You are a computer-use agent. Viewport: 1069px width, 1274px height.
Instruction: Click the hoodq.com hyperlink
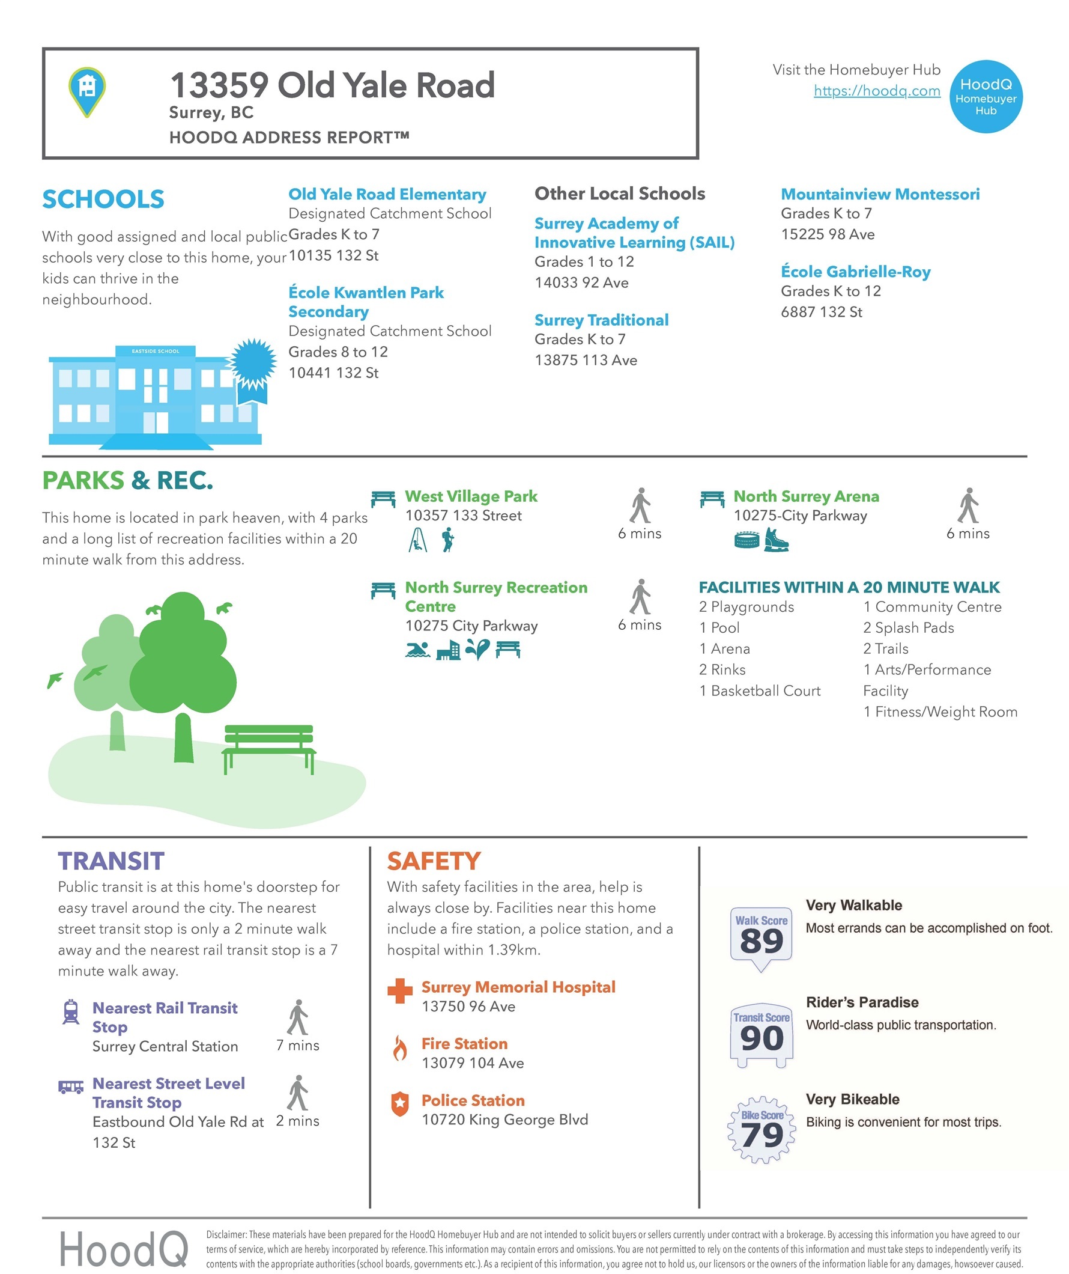click(x=876, y=90)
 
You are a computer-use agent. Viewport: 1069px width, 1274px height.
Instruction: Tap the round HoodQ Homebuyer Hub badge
click(x=986, y=97)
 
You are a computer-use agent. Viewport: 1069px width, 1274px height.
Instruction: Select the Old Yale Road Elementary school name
click(x=387, y=194)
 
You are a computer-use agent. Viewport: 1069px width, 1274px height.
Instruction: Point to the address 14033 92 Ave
click(x=581, y=282)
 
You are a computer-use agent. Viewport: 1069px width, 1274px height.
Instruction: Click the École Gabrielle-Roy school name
click(x=855, y=272)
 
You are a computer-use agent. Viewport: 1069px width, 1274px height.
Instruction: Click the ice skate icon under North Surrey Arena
click(x=776, y=539)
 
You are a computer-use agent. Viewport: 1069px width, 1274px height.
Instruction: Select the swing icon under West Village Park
click(x=417, y=539)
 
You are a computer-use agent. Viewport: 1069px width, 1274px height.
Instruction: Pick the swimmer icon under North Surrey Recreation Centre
click(x=417, y=650)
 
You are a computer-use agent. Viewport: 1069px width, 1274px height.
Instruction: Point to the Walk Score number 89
click(x=761, y=942)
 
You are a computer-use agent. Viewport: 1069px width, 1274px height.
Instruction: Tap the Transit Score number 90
click(x=761, y=1038)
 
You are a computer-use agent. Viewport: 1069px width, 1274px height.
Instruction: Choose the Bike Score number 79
click(x=762, y=1135)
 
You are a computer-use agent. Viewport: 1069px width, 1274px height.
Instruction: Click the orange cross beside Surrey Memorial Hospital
click(x=399, y=991)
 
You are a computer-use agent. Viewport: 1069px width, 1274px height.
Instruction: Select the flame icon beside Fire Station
click(x=399, y=1047)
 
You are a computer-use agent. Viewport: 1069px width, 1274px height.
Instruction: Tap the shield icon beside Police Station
click(x=399, y=1104)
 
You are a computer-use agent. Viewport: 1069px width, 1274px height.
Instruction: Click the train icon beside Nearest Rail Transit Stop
click(x=71, y=1011)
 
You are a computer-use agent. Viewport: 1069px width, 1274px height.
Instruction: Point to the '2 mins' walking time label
click(x=297, y=1121)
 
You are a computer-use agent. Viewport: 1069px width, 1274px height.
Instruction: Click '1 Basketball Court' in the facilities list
click(x=759, y=691)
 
